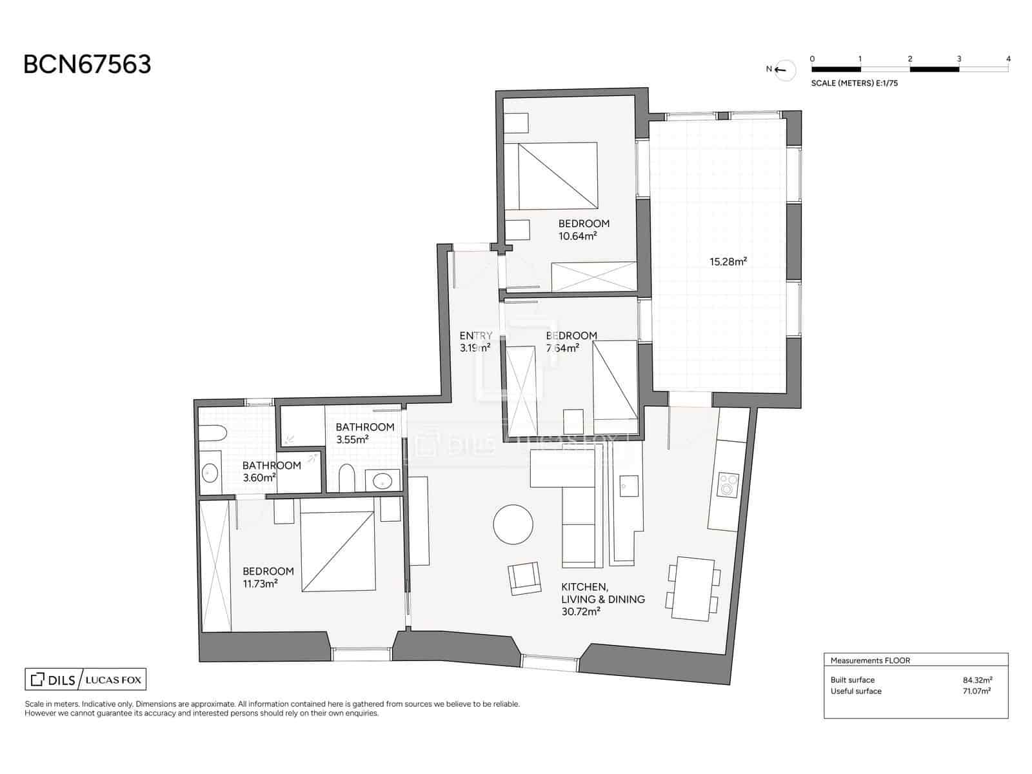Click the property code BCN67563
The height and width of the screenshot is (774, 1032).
click(x=87, y=64)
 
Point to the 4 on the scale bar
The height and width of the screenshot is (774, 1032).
click(x=1008, y=59)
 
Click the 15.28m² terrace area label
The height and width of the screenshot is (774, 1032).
click(x=728, y=261)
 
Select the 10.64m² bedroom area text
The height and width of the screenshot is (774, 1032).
click(x=577, y=236)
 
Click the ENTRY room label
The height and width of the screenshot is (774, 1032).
click(x=476, y=335)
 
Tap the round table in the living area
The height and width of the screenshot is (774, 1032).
click(x=513, y=524)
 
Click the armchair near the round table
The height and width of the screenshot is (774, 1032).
click(x=524, y=578)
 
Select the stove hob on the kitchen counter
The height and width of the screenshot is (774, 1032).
click(x=728, y=484)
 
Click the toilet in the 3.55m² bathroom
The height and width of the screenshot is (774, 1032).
click(x=346, y=477)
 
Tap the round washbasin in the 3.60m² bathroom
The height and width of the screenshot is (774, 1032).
click(x=210, y=473)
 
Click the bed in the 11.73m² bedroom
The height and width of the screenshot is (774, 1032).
click(x=337, y=551)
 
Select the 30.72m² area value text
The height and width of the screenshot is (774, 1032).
click(x=580, y=612)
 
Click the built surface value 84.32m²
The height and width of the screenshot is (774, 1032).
click(x=977, y=680)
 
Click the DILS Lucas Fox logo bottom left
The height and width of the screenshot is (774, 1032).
click(x=86, y=679)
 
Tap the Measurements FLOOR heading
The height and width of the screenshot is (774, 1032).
click(x=869, y=660)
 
